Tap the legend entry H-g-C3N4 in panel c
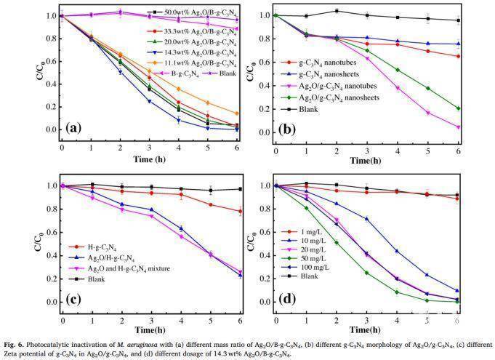[96, 248]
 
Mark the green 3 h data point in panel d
[366, 273]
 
